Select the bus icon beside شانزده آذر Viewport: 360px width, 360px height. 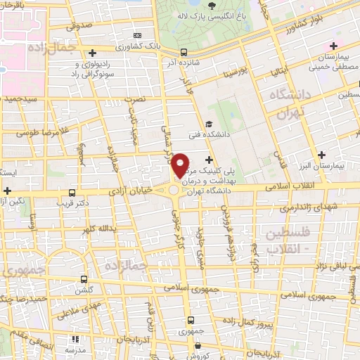pos(184,51)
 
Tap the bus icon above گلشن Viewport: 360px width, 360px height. pos(84,279)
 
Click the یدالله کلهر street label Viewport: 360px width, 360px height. pos(94,229)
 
